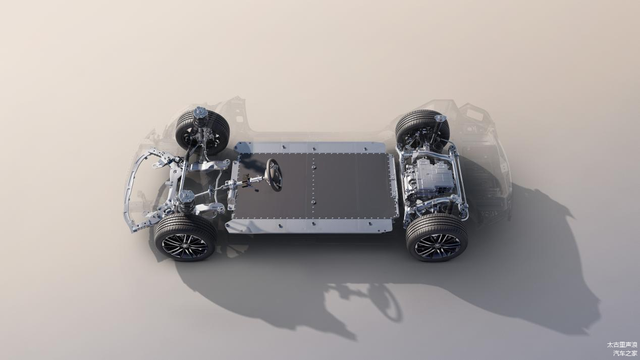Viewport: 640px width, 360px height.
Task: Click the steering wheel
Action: click(x=274, y=175)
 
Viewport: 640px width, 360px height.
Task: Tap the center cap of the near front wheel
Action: click(x=185, y=246)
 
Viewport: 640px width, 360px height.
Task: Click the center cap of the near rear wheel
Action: click(x=438, y=246)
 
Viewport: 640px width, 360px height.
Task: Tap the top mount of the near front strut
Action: click(x=186, y=196)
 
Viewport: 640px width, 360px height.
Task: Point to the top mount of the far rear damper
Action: click(x=440, y=118)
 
